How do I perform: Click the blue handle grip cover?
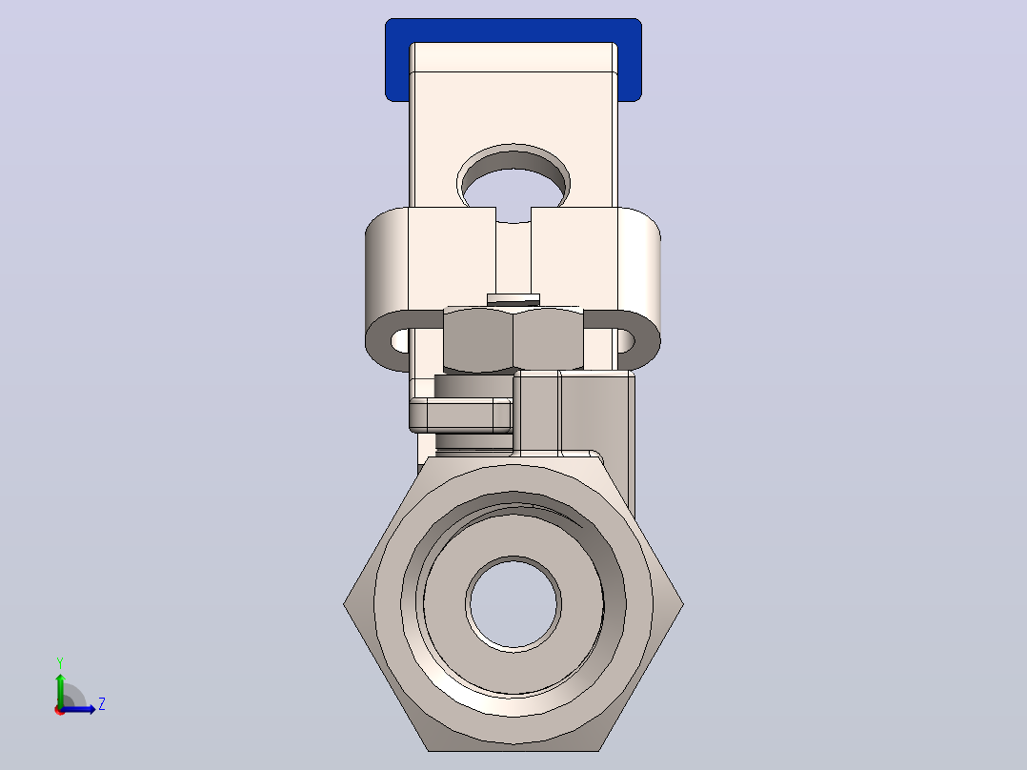coord(513,30)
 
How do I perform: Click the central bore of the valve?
coord(513,603)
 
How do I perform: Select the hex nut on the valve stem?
coord(513,339)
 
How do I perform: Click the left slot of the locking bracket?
coord(399,341)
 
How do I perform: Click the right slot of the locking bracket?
coord(626,341)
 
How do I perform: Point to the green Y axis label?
coord(60,663)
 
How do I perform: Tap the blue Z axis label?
coord(102,704)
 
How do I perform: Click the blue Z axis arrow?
coord(78,709)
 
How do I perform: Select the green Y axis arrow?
coord(60,691)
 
